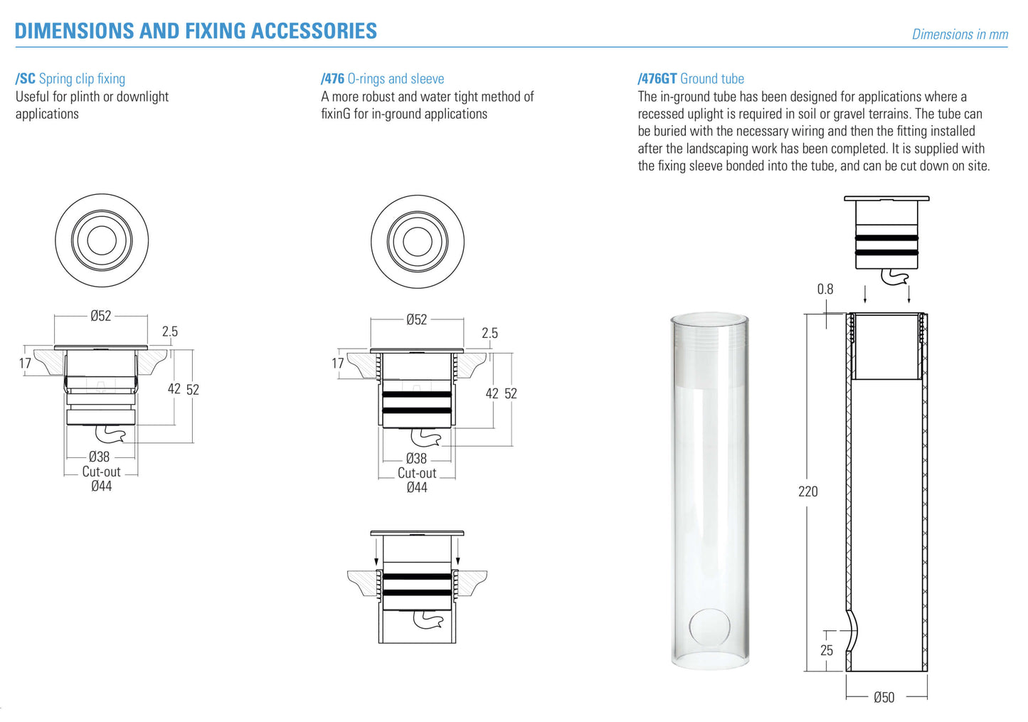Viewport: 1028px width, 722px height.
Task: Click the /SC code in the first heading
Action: coord(25,78)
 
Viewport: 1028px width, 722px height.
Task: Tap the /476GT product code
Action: coord(657,78)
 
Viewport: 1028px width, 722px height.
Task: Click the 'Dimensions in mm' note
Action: coord(960,34)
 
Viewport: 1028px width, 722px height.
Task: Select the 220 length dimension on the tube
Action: coord(807,492)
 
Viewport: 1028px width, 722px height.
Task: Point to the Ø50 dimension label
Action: coord(884,698)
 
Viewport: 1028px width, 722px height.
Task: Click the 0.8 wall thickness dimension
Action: coord(825,290)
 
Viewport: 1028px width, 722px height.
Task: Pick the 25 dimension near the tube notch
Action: coord(827,650)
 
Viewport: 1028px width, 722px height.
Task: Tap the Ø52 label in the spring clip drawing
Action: coord(100,316)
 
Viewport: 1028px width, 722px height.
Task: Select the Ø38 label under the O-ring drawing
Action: coord(416,458)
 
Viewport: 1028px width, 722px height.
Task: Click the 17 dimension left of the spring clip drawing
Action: coord(25,363)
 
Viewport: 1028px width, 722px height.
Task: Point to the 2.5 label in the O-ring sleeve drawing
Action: coord(489,333)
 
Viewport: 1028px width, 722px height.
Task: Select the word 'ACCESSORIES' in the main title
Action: coord(314,31)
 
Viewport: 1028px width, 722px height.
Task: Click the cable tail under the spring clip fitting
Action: coord(110,432)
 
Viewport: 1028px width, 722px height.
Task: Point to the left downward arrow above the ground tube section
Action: coord(865,294)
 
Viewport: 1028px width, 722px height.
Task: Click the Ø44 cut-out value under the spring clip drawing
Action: coord(101,486)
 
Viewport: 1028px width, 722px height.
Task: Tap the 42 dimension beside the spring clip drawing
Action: coord(174,389)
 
